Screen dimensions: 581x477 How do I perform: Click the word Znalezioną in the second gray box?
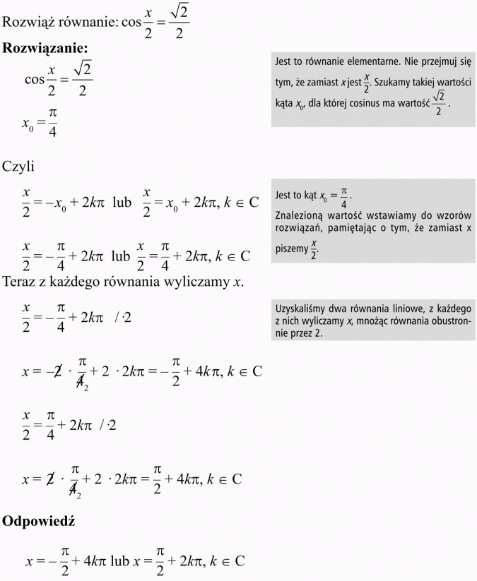click(x=300, y=213)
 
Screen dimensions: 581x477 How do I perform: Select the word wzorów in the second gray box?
click(x=454, y=213)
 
